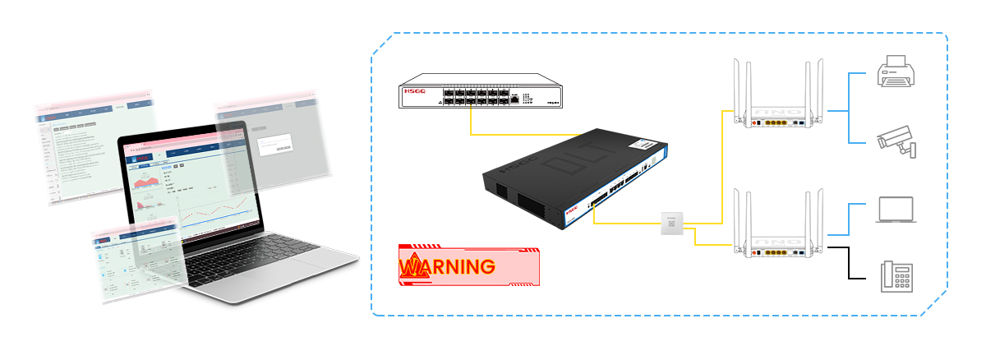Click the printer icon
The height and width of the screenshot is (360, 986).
[892, 72]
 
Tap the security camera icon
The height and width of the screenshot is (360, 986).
[896, 143]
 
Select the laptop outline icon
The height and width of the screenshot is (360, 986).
[895, 210]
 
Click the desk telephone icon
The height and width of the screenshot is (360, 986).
[896, 275]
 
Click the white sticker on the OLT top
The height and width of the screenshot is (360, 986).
[646, 145]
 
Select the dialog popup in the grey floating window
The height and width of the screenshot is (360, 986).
[274, 145]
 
